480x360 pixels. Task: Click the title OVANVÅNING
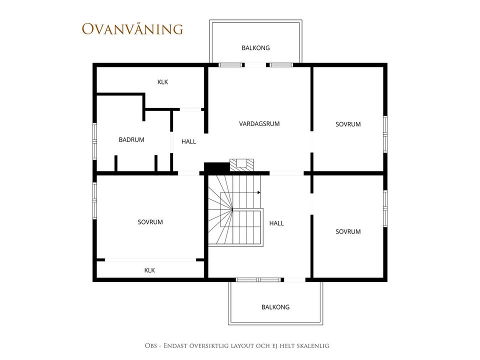(132, 29)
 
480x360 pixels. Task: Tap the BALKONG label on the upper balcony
(255, 48)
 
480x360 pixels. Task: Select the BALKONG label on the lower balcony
(275, 307)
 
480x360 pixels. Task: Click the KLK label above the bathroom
(162, 82)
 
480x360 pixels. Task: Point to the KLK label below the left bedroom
(149, 270)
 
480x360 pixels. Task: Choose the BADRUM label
(131, 139)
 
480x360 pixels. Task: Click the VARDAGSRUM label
(259, 123)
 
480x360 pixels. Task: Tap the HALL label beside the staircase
(276, 223)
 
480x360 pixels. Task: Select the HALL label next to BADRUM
(188, 141)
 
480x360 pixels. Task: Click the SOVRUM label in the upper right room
(348, 124)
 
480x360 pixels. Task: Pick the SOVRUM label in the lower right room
(348, 231)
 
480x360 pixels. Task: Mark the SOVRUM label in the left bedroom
(150, 222)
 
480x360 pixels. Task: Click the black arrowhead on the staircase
(259, 192)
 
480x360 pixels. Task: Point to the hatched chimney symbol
(242, 165)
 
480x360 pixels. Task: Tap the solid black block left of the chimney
(216, 167)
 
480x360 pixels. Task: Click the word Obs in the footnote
(150, 346)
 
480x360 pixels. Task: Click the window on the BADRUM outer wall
(94, 141)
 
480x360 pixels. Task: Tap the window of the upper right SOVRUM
(385, 134)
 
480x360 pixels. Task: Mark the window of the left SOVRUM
(94, 201)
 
